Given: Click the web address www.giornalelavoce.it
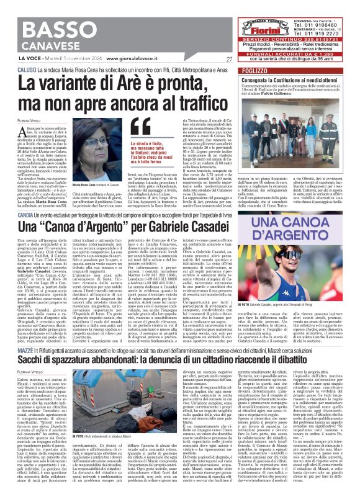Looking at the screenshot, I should point(120,59).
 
